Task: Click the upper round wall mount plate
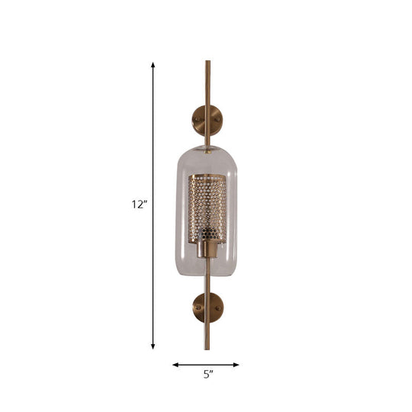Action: (x=207, y=119)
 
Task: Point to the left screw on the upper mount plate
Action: (x=196, y=119)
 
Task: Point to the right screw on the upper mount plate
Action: (x=217, y=119)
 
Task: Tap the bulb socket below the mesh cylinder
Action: (x=207, y=249)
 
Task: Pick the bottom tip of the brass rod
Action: (x=206, y=348)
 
